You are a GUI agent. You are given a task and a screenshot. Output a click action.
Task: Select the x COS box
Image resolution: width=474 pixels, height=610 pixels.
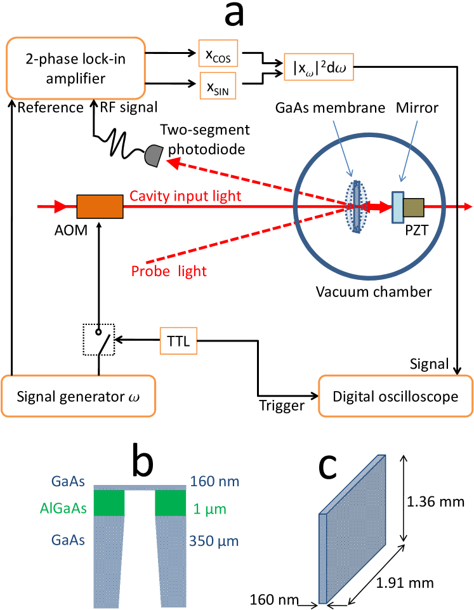click(216, 56)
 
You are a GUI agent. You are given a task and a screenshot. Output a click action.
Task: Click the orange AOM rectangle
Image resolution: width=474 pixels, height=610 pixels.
click(100, 207)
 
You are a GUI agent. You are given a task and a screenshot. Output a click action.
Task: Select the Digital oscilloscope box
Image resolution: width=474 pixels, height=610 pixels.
click(395, 397)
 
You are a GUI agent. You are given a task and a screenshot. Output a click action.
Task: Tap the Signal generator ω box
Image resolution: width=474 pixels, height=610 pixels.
click(78, 397)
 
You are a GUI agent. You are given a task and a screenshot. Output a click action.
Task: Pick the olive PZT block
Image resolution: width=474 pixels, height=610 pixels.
click(414, 208)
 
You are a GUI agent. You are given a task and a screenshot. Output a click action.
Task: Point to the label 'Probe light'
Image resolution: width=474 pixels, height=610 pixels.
click(169, 272)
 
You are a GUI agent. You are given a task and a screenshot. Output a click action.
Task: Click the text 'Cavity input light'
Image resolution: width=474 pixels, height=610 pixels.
click(185, 197)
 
